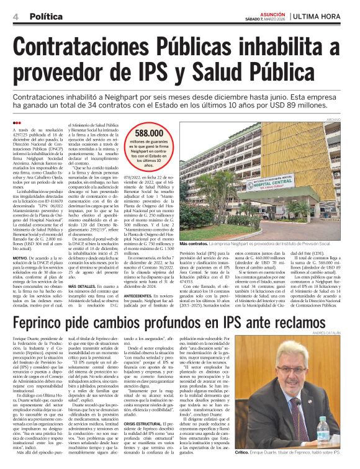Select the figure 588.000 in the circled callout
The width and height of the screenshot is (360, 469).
pos(149,133)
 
